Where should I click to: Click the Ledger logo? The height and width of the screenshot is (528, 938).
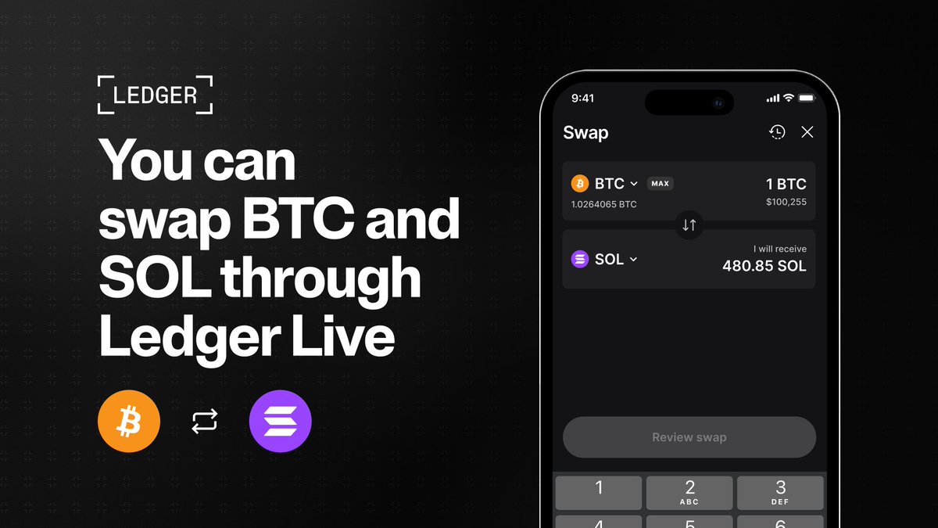[155, 95]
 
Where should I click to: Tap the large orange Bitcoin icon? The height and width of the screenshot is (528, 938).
[129, 423]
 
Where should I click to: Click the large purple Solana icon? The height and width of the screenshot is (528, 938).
[280, 423]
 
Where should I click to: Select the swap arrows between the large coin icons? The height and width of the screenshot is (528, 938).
[205, 423]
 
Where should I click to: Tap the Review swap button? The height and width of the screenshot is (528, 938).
[689, 437]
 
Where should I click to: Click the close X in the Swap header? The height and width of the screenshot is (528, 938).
[807, 132]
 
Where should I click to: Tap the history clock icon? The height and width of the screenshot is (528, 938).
[777, 132]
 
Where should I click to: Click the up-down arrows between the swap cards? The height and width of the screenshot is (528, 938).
[689, 225]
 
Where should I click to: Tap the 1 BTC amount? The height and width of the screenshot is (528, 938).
[786, 185]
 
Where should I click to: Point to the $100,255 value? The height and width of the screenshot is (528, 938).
[786, 203]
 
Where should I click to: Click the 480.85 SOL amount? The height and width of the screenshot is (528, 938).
[764, 266]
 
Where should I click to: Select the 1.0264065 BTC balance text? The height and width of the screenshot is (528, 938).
[603, 204]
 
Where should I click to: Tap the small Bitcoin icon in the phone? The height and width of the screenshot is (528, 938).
[580, 184]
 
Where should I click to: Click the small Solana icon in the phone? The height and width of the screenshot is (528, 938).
[580, 259]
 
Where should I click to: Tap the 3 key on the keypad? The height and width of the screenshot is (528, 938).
[780, 493]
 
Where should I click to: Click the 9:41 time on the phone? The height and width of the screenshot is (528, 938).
[582, 99]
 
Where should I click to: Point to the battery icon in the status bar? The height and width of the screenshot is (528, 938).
[807, 98]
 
